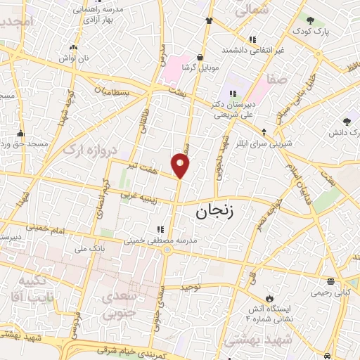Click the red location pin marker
[x=181, y=166]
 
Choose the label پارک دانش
[x=344, y=132]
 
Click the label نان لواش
[x=74, y=58]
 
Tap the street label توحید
[x=191, y=287]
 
